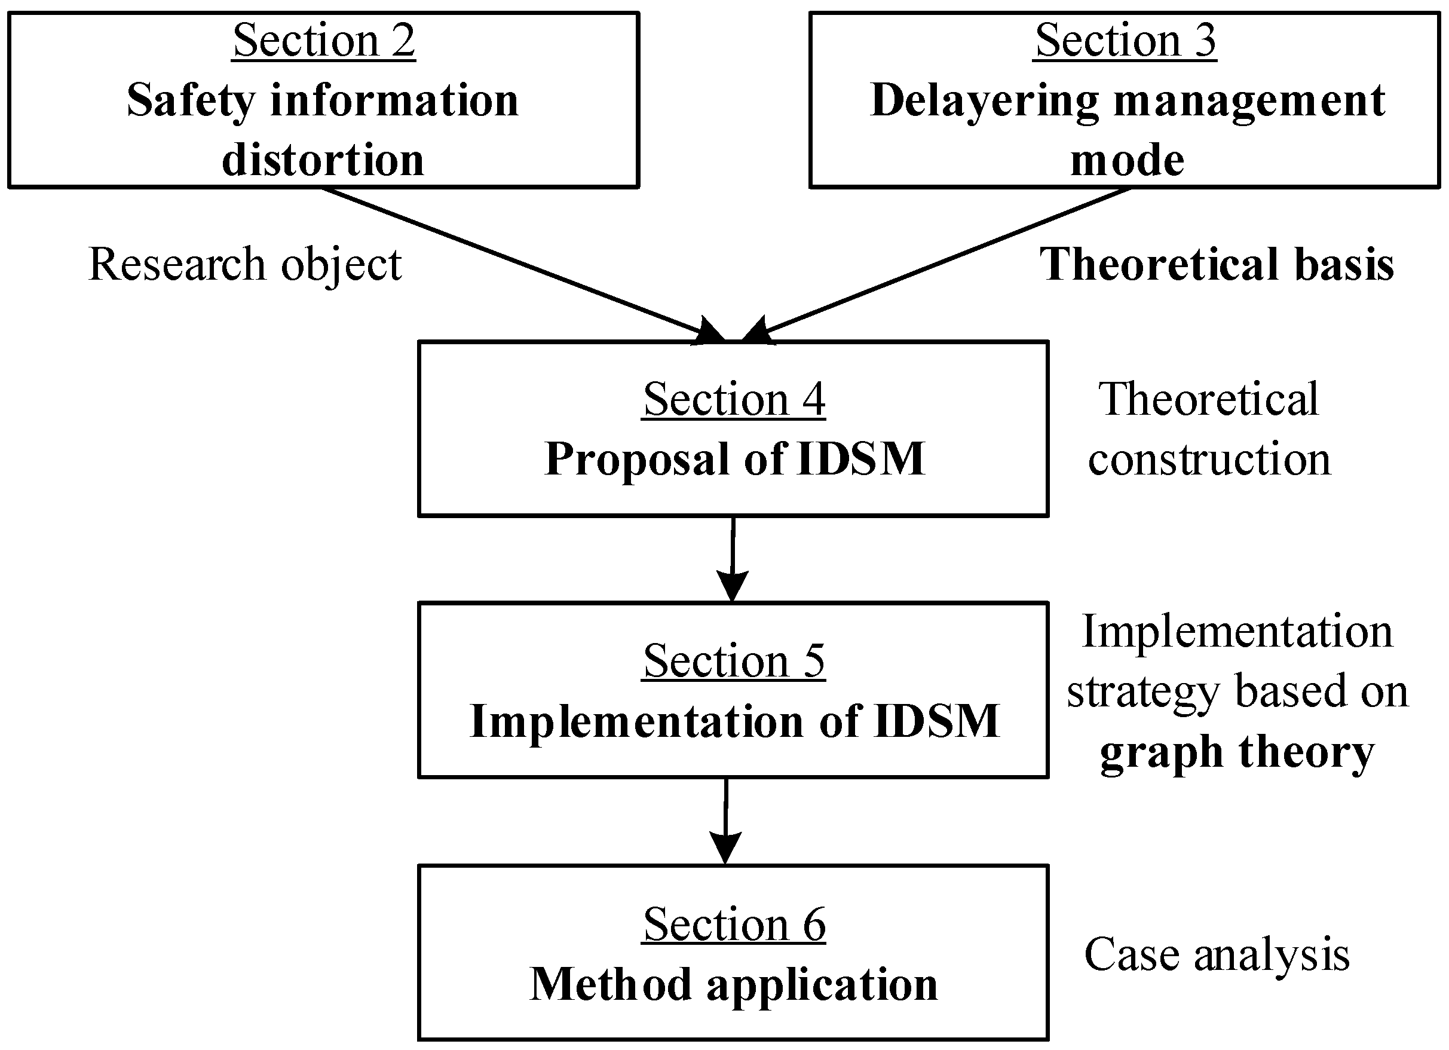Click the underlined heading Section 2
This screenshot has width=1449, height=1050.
[324, 41]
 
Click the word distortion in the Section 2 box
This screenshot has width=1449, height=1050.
[323, 160]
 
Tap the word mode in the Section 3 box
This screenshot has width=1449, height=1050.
[1127, 160]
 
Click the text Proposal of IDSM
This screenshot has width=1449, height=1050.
[735, 459]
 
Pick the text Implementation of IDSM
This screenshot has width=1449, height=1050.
[735, 721]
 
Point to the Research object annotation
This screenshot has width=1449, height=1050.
[246, 264]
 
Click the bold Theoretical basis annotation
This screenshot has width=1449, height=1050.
[1217, 264]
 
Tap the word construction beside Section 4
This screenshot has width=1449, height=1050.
[1209, 459]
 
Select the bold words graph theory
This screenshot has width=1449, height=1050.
[1237, 752]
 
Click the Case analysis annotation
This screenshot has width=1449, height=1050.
[1217, 955]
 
